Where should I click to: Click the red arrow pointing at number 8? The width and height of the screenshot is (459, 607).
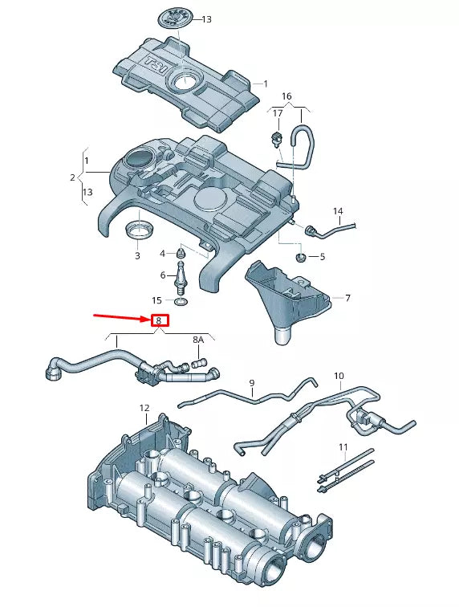120,317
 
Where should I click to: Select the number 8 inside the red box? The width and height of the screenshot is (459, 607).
159,320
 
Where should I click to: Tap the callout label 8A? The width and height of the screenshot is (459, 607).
198,340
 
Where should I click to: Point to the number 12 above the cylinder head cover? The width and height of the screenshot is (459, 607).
144,408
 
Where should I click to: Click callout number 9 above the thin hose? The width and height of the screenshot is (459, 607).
251,383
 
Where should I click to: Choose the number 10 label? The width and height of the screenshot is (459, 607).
339,376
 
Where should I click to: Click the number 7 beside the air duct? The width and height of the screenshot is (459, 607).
347,298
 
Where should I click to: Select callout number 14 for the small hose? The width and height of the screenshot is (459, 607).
338,212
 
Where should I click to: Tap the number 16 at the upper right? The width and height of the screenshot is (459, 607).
286,96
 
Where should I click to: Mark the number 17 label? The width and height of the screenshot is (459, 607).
277,113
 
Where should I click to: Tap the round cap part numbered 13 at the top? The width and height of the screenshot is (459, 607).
174,17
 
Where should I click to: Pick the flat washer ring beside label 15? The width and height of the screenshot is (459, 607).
182,303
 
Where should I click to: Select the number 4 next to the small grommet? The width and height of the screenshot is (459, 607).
162,254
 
